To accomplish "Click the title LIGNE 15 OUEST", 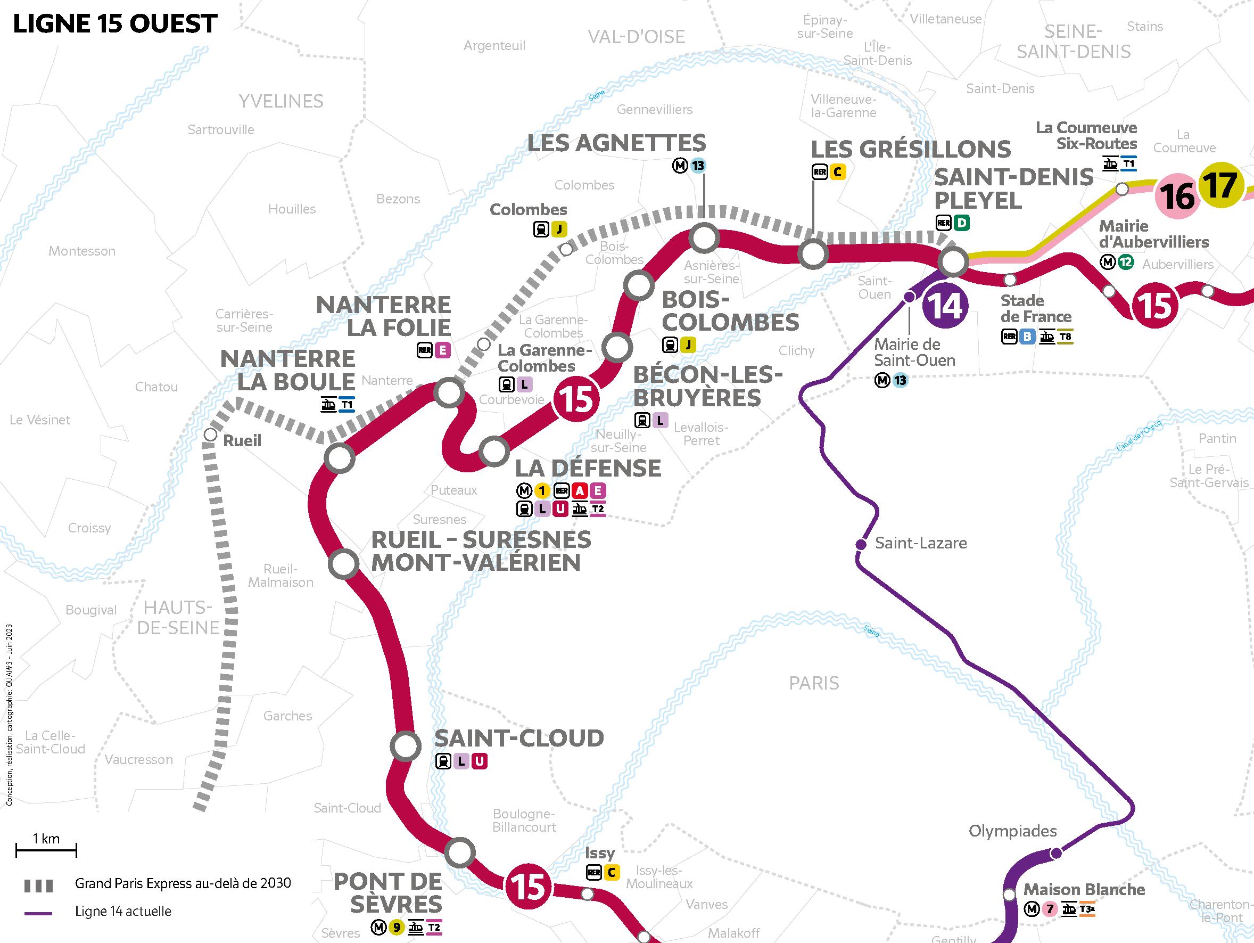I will [115, 24].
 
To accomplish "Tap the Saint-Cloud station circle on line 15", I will [406, 745].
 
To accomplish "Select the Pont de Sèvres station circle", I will [459, 852].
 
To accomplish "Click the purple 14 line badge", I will [946, 307].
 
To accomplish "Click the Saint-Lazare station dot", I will [861, 544].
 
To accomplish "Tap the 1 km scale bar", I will [46, 849].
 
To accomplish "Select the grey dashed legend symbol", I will [38, 885].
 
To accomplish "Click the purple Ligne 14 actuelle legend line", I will [38, 914].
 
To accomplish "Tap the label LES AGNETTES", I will [616, 143].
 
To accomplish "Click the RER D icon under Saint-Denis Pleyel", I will [961, 223].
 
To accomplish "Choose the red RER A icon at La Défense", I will [580, 490].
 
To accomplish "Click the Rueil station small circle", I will [210, 435].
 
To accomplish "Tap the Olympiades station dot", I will [1056, 853].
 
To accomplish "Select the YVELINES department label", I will [280, 102].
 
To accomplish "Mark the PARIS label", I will [813, 683].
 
